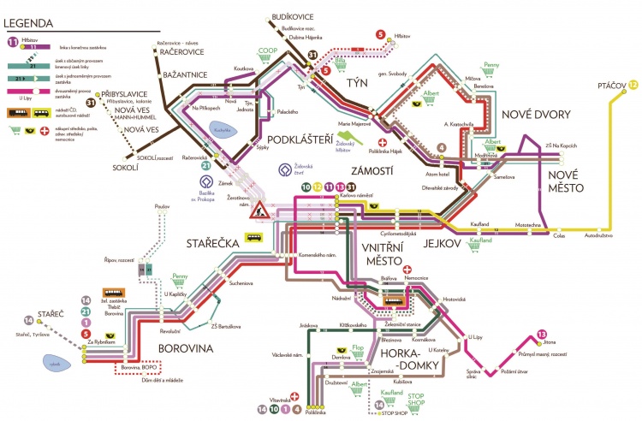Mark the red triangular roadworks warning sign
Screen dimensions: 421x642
point(258,213)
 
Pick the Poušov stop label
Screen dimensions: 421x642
point(162,206)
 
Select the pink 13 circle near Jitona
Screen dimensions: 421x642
point(541,334)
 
